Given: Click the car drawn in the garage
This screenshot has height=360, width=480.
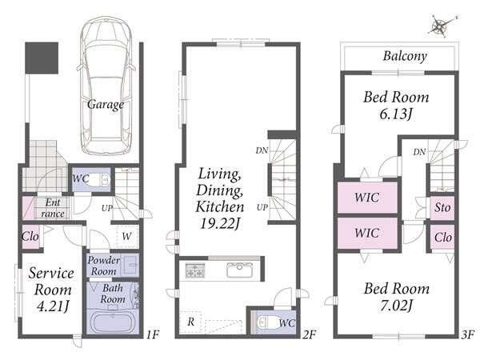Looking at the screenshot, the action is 106,86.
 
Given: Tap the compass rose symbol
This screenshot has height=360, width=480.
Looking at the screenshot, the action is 441,26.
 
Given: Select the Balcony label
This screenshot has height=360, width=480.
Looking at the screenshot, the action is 405,56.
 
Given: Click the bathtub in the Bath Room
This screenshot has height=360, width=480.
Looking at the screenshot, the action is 113,322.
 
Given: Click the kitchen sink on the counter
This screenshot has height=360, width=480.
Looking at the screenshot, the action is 240,270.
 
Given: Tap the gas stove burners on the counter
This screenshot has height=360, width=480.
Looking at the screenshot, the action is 195,270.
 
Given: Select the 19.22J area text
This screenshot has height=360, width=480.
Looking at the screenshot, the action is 220,223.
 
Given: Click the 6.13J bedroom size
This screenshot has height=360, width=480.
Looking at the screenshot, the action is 396,114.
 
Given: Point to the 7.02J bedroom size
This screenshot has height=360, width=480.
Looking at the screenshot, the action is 397,306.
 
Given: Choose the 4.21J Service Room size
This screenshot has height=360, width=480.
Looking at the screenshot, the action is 53,306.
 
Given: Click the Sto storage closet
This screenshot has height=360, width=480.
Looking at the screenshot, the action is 442,208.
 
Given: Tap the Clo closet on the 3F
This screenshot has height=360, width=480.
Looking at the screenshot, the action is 442,238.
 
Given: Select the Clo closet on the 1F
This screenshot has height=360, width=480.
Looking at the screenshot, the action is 30,237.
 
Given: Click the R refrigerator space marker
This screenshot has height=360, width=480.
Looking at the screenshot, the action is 190,322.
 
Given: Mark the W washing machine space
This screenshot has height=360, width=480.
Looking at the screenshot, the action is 127,236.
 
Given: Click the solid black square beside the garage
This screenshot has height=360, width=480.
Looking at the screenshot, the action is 42,58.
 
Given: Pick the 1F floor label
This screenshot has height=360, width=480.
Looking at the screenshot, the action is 153,335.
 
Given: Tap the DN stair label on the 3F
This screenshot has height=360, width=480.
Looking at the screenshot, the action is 419,152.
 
